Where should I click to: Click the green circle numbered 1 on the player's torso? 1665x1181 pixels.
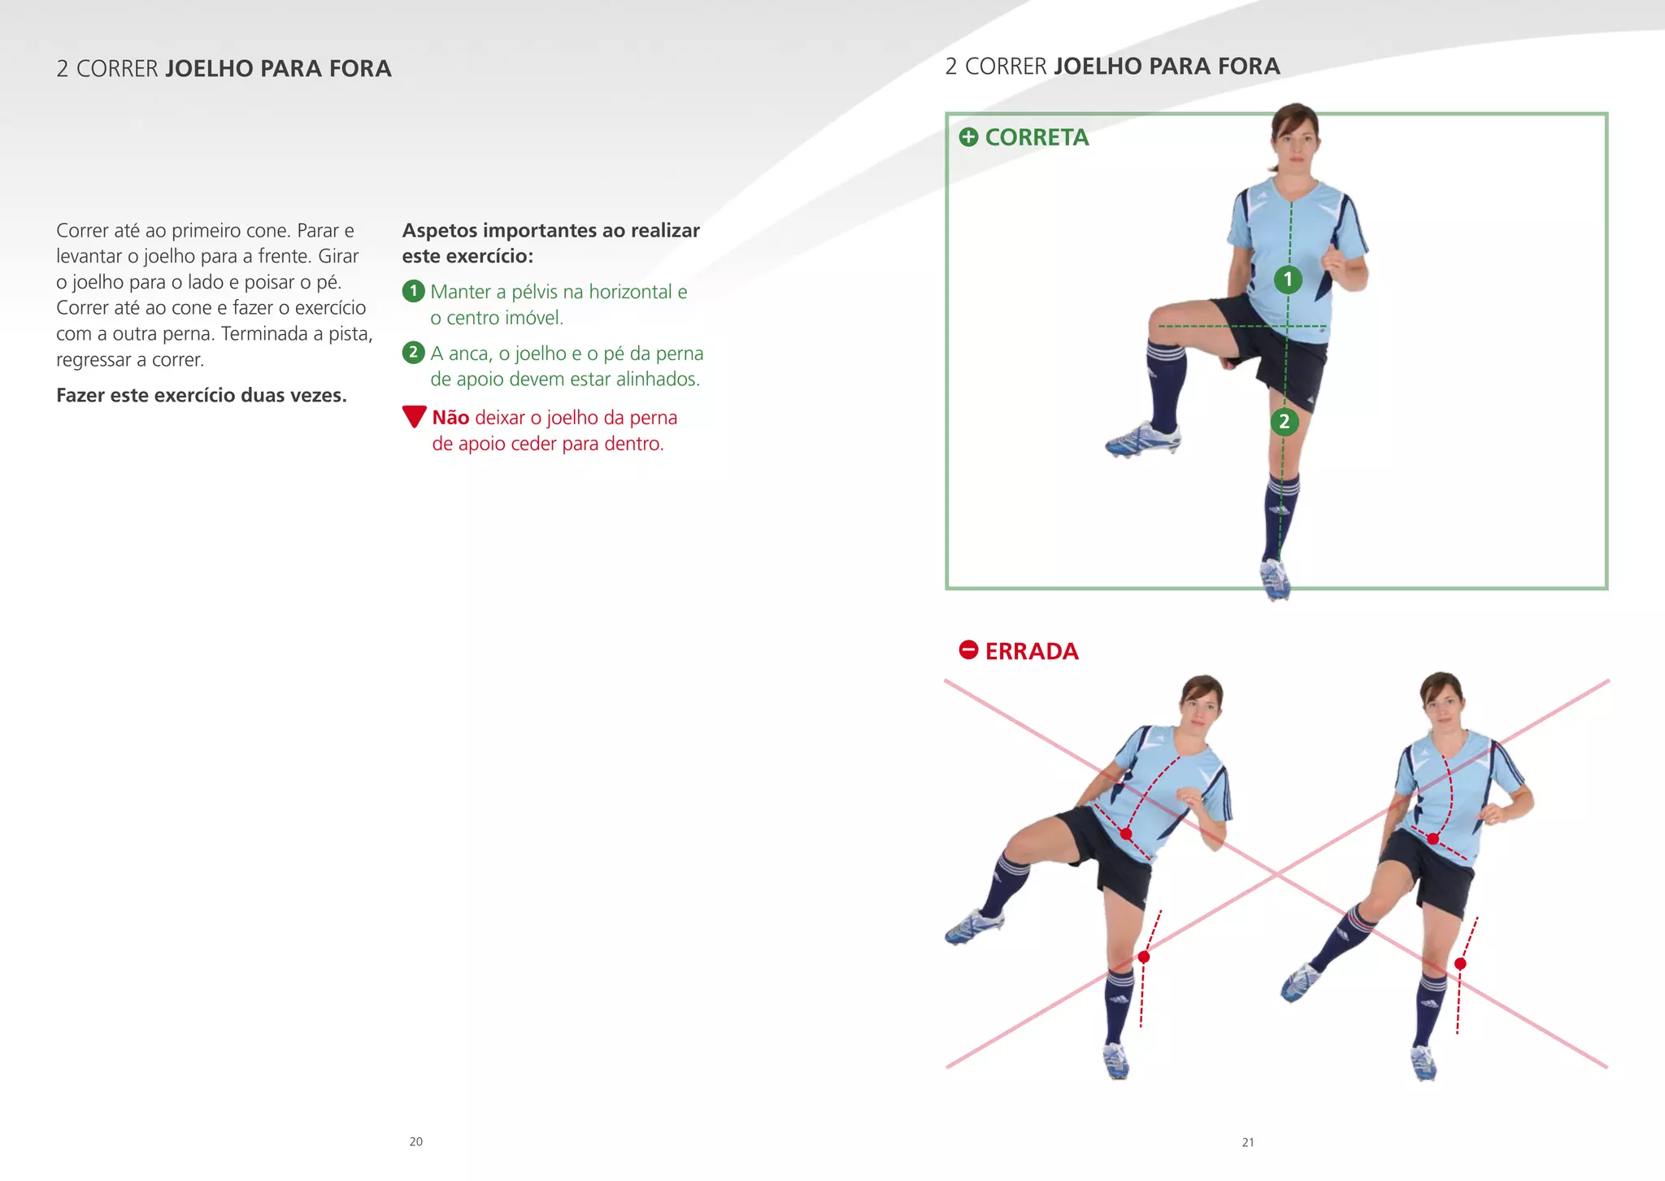(x=1288, y=280)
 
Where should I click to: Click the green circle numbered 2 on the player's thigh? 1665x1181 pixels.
(x=1285, y=421)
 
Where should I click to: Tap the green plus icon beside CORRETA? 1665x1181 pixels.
(x=968, y=137)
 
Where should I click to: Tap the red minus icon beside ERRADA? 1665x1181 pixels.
(x=968, y=650)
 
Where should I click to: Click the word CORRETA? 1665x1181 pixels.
(x=1037, y=137)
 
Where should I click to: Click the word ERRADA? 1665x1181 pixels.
(x=1032, y=652)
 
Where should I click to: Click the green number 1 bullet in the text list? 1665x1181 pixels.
(x=414, y=291)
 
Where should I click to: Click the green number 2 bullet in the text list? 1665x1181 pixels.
(x=414, y=353)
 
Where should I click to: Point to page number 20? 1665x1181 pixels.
(x=415, y=1142)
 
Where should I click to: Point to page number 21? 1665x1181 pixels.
(x=1248, y=1143)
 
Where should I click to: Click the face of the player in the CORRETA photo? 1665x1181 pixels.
(x=1294, y=145)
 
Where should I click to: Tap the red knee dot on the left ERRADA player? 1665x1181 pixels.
(x=1144, y=957)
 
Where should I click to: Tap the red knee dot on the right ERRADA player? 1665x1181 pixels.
(x=1460, y=964)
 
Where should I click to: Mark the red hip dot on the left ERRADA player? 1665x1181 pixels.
(x=1126, y=834)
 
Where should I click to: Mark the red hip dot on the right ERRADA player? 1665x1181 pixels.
(x=1432, y=839)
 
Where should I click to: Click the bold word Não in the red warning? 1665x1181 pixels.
(x=450, y=418)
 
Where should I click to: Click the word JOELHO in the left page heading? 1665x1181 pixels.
(x=209, y=68)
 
